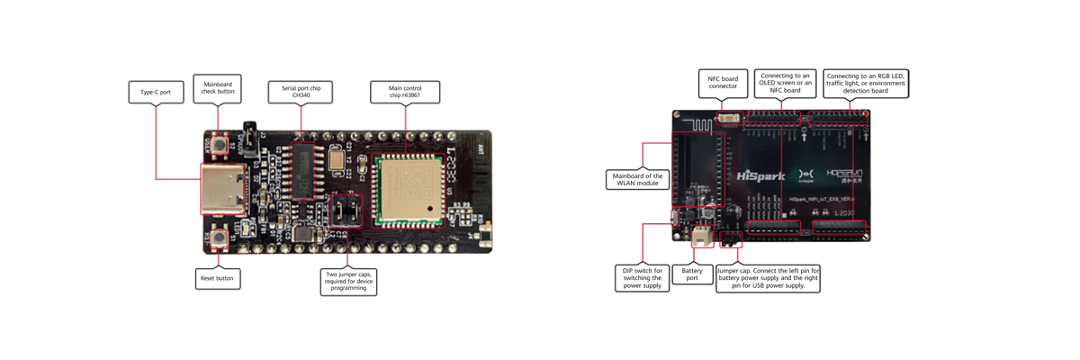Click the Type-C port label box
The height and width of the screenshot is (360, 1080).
coord(156,92)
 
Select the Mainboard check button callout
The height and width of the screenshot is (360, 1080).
coord(217,87)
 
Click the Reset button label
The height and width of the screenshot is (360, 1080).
coord(217,278)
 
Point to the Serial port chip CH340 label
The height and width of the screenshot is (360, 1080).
coord(301,91)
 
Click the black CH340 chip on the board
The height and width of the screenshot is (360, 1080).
coord(303,171)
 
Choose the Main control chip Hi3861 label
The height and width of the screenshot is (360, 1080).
coord(405,91)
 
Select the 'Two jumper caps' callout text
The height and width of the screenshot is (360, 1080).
coord(348,281)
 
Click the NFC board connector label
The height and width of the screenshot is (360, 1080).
coord(723,83)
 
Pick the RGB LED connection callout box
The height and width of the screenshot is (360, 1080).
coord(866,83)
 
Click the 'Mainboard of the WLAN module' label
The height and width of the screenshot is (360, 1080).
coord(637,179)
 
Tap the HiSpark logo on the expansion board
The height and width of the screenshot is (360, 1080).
coord(760,176)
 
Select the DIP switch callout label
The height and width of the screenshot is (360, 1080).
coord(642,277)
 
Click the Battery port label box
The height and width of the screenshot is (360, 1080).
coord(692,274)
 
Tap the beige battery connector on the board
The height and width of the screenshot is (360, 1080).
coord(702,237)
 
